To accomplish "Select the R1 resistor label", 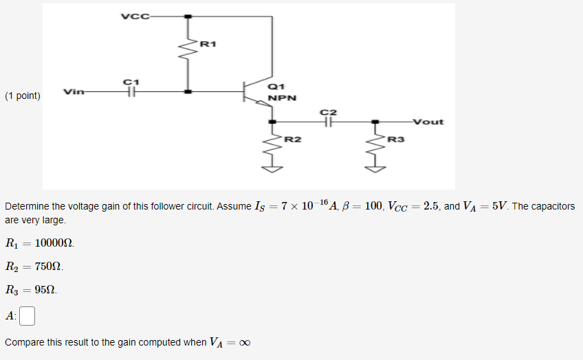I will coord(208,45).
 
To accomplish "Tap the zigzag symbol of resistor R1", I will coord(188,49).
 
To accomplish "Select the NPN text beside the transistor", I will coord(283,98).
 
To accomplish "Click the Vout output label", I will coord(428,122).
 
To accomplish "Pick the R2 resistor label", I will coord(293,139).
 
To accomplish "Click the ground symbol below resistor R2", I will coord(274,167).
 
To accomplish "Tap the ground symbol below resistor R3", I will coord(375,167).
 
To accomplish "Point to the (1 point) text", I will coord(22,96).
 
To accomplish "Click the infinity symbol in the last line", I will coord(244,343).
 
